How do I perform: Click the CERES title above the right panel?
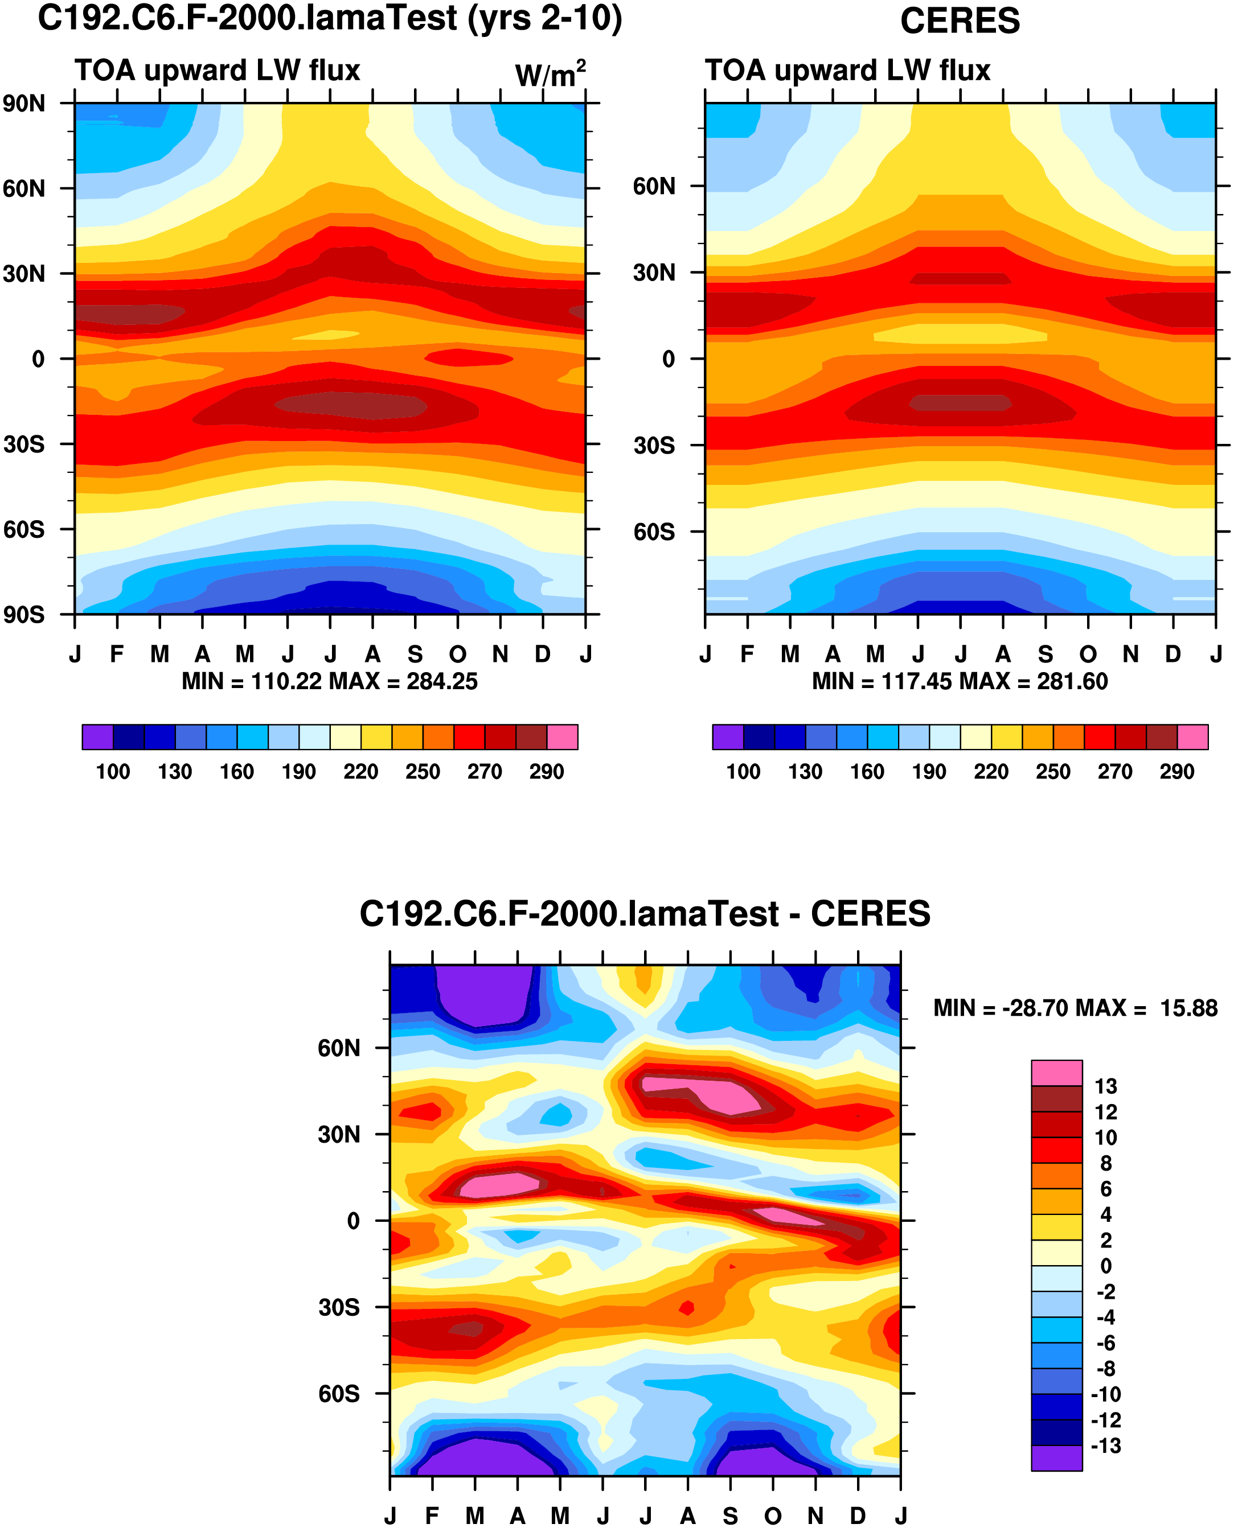tap(960, 21)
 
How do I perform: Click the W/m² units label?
tap(550, 74)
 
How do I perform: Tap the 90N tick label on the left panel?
tap(24, 104)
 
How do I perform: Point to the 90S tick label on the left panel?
tap(24, 615)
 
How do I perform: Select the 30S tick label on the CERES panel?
tap(654, 446)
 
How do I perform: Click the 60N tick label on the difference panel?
tap(339, 1048)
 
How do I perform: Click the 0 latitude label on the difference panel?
tap(353, 1221)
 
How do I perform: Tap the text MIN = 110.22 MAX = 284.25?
tap(330, 681)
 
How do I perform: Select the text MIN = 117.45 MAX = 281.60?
tap(960, 681)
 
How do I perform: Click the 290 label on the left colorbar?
tap(547, 772)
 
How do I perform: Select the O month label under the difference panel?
tap(773, 1516)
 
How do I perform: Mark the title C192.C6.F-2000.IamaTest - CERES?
tap(645, 915)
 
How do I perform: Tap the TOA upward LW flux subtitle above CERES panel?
tap(847, 71)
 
